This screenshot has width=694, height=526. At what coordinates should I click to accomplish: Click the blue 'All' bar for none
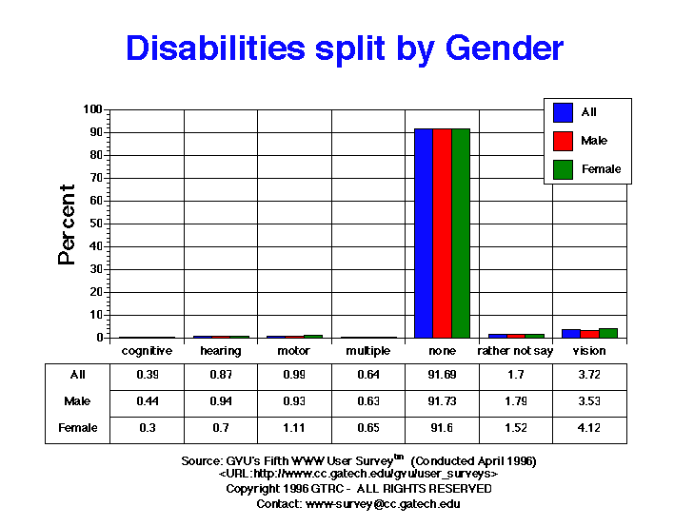(424, 233)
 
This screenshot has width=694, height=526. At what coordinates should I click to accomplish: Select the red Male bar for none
(442, 233)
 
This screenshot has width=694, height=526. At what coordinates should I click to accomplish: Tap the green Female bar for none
(461, 233)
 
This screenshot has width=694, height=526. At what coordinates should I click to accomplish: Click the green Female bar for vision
(608, 333)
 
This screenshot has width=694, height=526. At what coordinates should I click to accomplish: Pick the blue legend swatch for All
(564, 112)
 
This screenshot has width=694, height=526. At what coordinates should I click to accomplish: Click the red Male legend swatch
(564, 141)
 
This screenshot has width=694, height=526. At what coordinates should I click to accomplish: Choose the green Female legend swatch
(564, 169)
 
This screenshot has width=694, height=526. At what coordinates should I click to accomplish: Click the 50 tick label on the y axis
(96, 224)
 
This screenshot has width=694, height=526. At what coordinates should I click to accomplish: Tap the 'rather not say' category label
(516, 351)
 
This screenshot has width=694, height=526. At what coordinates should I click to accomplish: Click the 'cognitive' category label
(148, 351)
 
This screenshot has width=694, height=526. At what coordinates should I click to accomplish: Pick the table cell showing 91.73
(443, 401)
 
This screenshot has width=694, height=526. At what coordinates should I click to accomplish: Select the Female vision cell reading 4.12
(590, 428)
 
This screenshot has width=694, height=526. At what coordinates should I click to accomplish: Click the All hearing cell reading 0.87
(221, 375)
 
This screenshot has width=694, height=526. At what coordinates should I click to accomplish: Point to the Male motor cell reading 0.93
(295, 401)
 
